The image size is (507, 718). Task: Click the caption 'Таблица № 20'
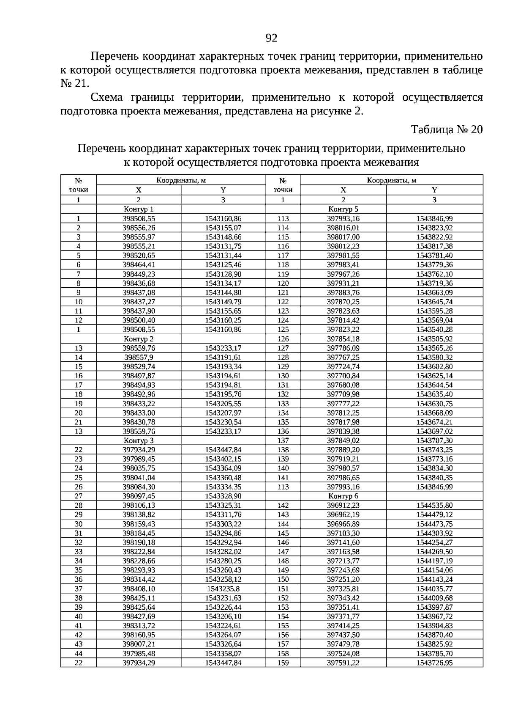pyautogui.click(x=447, y=129)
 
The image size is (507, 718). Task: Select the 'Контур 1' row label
pyautogui.click(x=138, y=209)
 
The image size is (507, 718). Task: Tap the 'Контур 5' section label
pyautogui.click(x=343, y=209)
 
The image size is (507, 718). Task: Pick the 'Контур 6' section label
pyautogui.click(x=343, y=496)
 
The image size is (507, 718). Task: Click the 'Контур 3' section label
pyautogui.click(x=138, y=440)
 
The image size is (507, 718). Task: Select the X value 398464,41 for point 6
pyautogui.click(x=139, y=265)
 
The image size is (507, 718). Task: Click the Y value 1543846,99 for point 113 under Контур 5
pyautogui.click(x=434, y=218)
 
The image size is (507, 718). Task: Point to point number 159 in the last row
pyautogui.click(x=283, y=663)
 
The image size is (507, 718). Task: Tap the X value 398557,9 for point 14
pyautogui.click(x=139, y=358)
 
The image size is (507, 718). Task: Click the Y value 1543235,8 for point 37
pyautogui.click(x=223, y=589)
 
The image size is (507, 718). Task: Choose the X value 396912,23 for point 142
pyautogui.click(x=343, y=505)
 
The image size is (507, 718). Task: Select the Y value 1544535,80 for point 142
pyautogui.click(x=434, y=505)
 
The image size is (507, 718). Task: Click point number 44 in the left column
pyautogui.click(x=79, y=653)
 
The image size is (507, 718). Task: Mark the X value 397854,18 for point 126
pyautogui.click(x=343, y=339)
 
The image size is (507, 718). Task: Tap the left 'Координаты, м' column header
pyautogui.click(x=181, y=181)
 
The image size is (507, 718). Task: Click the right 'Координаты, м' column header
pyautogui.click(x=391, y=181)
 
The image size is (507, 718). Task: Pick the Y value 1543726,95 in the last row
pyautogui.click(x=434, y=663)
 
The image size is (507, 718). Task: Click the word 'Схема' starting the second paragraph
pyautogui.click(x=106, y=98)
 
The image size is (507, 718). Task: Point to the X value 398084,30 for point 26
pyautogui.click(x=139, y=487)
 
